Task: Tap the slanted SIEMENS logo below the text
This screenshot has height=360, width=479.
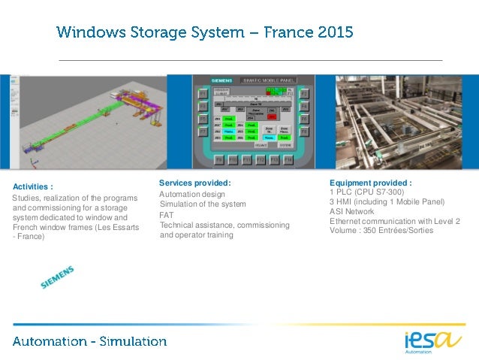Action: pyautogui.click(x=58, y=277)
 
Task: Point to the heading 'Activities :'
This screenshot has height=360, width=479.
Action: pyautogui.click(x=32, y=186)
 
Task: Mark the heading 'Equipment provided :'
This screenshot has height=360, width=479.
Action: pyautogui.click(x=370, y=183)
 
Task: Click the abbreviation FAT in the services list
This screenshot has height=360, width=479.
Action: pyautogui.click(x=167, y=215)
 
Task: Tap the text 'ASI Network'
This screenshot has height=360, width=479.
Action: pyautogui.click(x=351, y=211)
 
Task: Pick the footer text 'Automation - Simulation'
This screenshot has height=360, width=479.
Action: pyautogui.click(x=89, y=341)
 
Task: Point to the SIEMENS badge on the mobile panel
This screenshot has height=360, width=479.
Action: pyautogui.click(x=209, y=80)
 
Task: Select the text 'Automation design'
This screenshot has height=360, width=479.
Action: pyautogui.click(x=192, y=195)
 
